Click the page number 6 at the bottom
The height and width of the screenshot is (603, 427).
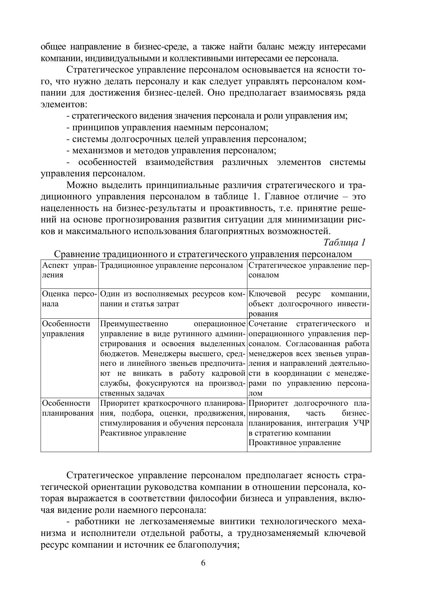(x=203, y=563)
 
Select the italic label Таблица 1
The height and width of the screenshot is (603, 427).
(x=344, y=242)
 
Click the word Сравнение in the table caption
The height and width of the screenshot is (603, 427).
(x=76, y=254)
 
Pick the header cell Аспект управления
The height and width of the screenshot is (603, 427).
(x=69, y=270)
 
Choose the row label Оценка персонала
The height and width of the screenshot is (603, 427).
(x=69, y=299)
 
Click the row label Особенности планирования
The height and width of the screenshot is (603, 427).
(x=68, y=408)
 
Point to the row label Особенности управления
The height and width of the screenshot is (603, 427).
(x=66, y=329)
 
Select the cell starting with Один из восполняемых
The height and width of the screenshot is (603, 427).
(x=172, y=299)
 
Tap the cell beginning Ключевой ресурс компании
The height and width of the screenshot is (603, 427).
(x=309, y=304)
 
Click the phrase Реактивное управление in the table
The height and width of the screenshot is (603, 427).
(x=143, y=433)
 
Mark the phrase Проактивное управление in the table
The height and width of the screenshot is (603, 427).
(x=294, y=443)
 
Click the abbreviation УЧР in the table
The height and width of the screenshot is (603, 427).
(x=361, y=423)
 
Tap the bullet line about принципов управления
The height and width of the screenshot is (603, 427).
(x=167, y=128)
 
